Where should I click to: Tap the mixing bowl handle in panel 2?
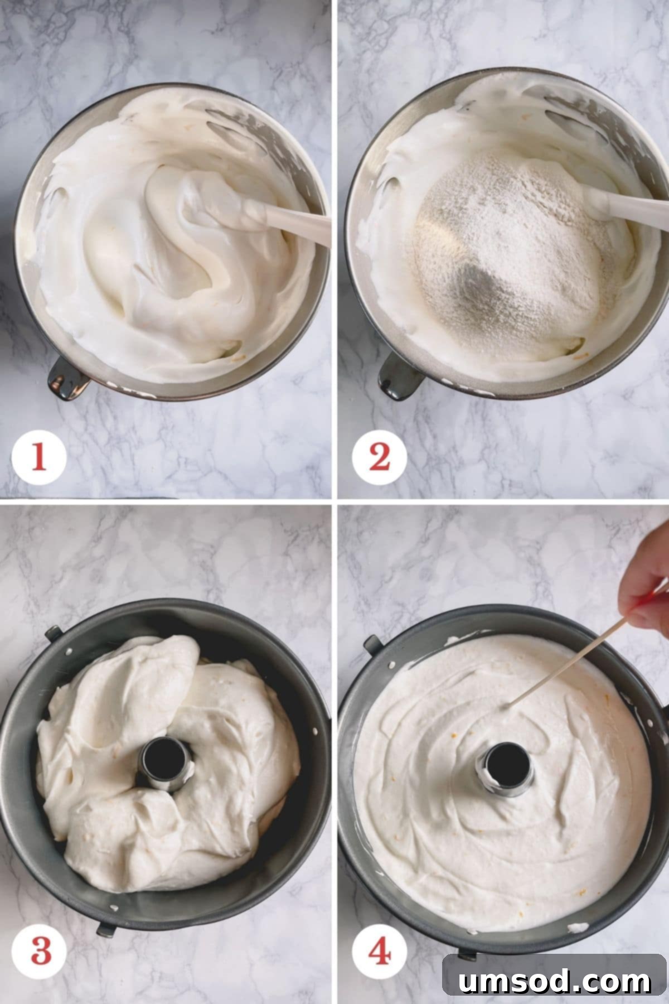(400, 379)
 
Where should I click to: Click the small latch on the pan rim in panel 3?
(52, 633)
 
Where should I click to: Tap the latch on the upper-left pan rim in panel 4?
(373, 644)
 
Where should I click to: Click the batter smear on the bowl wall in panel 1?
(245, 128)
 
